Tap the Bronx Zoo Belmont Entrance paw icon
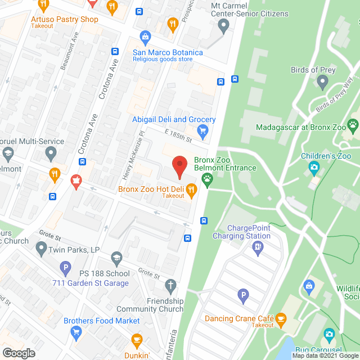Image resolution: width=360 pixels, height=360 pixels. point(208,180)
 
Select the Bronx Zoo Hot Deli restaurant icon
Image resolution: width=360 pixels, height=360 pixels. point(191,190)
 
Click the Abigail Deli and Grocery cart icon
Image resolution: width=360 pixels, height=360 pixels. point(203,132)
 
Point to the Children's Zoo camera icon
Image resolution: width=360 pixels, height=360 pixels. point(314,167)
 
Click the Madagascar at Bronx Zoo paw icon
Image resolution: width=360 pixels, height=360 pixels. point(353,125)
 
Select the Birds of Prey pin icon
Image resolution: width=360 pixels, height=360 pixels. point(322,82)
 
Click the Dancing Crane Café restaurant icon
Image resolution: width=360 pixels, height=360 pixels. point(281,321)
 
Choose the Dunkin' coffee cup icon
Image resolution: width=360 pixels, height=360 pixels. point(136,340)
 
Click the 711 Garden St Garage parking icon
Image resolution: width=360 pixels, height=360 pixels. point(66,268)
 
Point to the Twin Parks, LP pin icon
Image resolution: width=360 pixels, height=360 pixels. point(41,247)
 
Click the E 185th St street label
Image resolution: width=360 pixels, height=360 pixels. point(178,135)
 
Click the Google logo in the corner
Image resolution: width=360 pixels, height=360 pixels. point(18,353)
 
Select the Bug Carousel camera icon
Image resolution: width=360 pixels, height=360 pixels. point(329,336)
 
